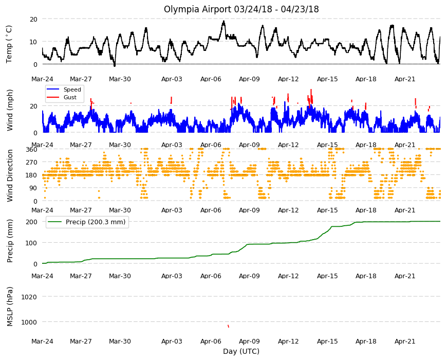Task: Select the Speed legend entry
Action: point(64,89)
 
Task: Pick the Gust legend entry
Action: point(62,97)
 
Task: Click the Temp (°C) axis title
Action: point(9,44)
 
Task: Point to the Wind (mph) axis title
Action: point(10,110)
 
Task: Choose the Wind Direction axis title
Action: point(10,175)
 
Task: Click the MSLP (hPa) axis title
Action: point(10,307)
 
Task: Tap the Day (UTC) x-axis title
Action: point(241,351)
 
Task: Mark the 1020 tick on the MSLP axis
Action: point(29,297)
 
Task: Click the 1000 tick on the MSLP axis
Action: point(29,322)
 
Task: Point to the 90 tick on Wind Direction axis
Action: point(33,188)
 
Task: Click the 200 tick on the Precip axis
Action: point(31,222)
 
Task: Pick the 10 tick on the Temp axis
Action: point(33,42)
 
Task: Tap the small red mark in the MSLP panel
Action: point(228,326)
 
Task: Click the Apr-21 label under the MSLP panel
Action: point(405,341)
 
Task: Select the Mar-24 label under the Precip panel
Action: point(42,276)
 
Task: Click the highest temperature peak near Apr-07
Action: point(224,22)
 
